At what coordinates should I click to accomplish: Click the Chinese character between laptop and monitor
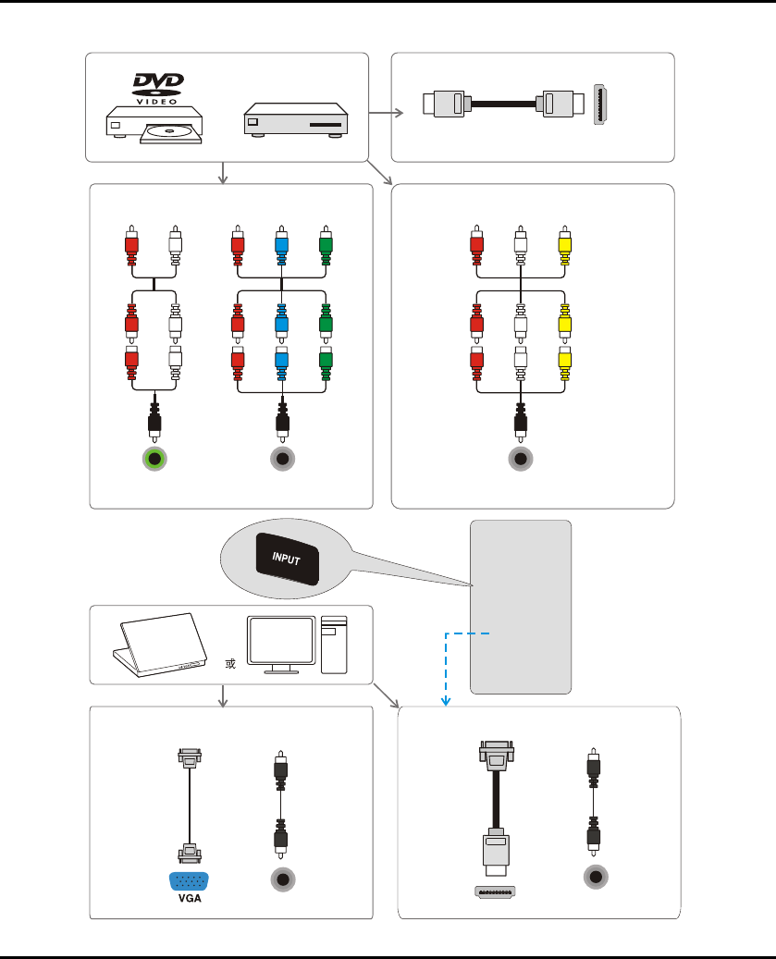[x=227, y=666]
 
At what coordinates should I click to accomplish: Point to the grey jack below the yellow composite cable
[x=521, y=460]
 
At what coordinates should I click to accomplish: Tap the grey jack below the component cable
[x=281, y=460]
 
